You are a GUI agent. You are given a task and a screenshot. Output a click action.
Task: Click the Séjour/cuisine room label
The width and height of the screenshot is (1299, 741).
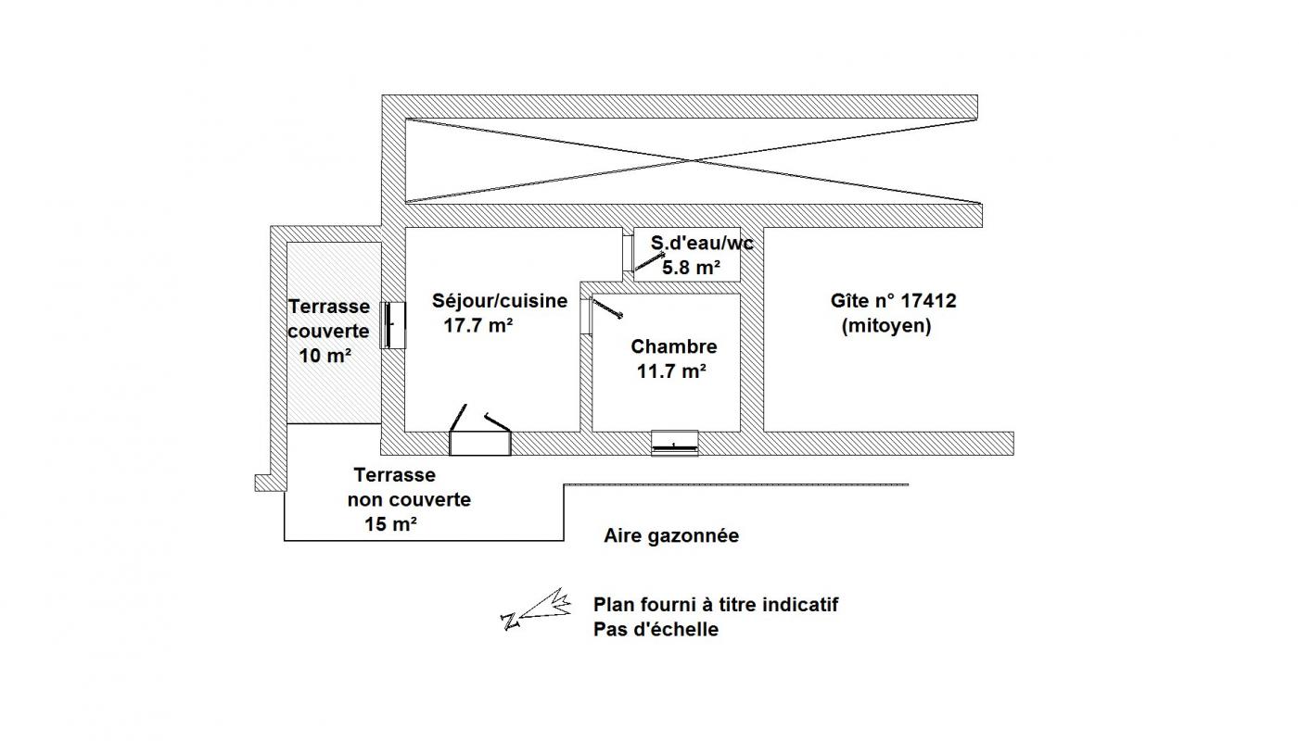[x=500, y=301]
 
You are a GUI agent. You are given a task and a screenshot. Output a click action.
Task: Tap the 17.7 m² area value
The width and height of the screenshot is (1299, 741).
[x=478, y=326]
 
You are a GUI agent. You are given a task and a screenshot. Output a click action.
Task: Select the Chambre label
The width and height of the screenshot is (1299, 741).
[x=674, y=346]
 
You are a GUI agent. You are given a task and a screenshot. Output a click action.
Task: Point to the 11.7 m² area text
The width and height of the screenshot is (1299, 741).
[x=671, y=370]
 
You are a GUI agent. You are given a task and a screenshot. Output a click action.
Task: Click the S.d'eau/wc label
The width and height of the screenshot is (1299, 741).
[x=702, y=244]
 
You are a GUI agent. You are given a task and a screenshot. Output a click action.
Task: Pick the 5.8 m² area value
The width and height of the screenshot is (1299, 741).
[x=692, y=268]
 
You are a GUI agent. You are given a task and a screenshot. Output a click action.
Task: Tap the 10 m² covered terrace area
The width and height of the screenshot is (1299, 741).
[x=325, y=355]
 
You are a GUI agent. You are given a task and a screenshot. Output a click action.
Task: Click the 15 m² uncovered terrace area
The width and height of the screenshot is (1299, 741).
[x=390, y=524]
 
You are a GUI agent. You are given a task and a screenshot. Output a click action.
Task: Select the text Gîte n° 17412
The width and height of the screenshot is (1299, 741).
[x=893, y=301]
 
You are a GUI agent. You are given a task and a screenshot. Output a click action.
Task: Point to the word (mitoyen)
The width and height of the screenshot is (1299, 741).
[x=886, y=326]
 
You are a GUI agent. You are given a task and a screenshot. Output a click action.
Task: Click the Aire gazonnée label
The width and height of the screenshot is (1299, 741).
[x=671, y=536]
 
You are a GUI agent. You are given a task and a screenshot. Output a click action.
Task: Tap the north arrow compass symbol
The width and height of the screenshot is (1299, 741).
[x=536, y=610]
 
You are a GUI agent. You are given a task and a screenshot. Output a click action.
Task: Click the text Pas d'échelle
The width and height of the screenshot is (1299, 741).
[x=656, y=629]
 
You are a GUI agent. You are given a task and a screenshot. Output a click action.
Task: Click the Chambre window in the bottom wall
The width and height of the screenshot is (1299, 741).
[x=674, y=444]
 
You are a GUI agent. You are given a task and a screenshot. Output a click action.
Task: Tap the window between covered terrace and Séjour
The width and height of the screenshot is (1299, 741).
[x=392, y=325]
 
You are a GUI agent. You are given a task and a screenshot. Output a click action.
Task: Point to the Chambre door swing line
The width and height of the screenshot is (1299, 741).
[x=607, y=308]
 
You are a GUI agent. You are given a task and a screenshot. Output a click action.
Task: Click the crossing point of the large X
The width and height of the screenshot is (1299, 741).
[x=693, y=160]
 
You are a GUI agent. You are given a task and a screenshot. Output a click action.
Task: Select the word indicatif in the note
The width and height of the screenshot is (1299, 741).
[x=801, y=605]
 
